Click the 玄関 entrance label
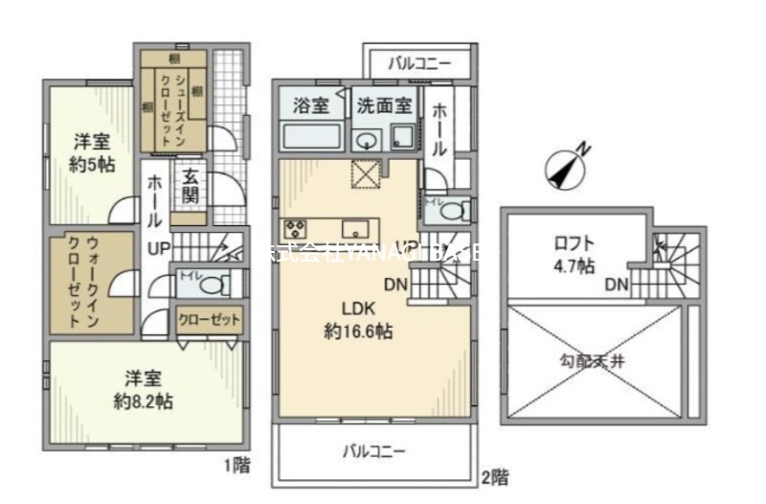190,186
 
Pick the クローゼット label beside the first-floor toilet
209,320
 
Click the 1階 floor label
237,467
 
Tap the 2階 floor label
493,476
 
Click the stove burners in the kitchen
294,229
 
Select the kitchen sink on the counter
356,229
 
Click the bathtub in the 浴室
311,136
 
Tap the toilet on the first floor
214,285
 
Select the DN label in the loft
616,285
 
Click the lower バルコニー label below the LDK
375,451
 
